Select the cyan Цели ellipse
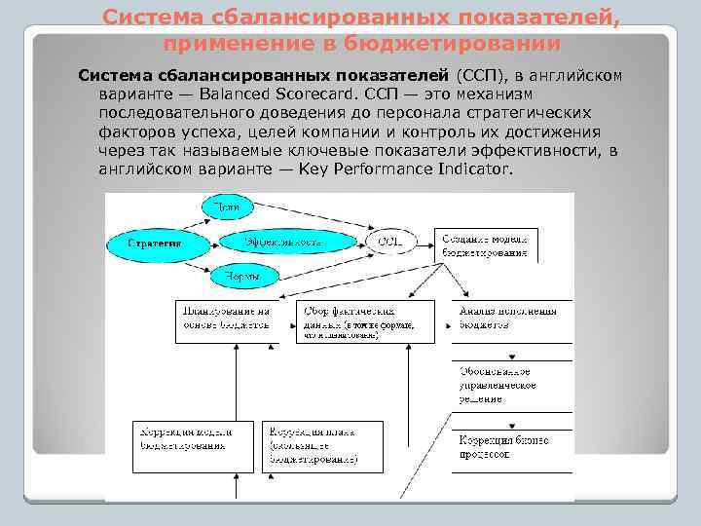pos(228,207)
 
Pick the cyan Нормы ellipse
pos(242,277)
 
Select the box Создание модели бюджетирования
pos(488,244)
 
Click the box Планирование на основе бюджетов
pos(226,320)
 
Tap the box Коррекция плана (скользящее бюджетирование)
pos(322,444)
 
